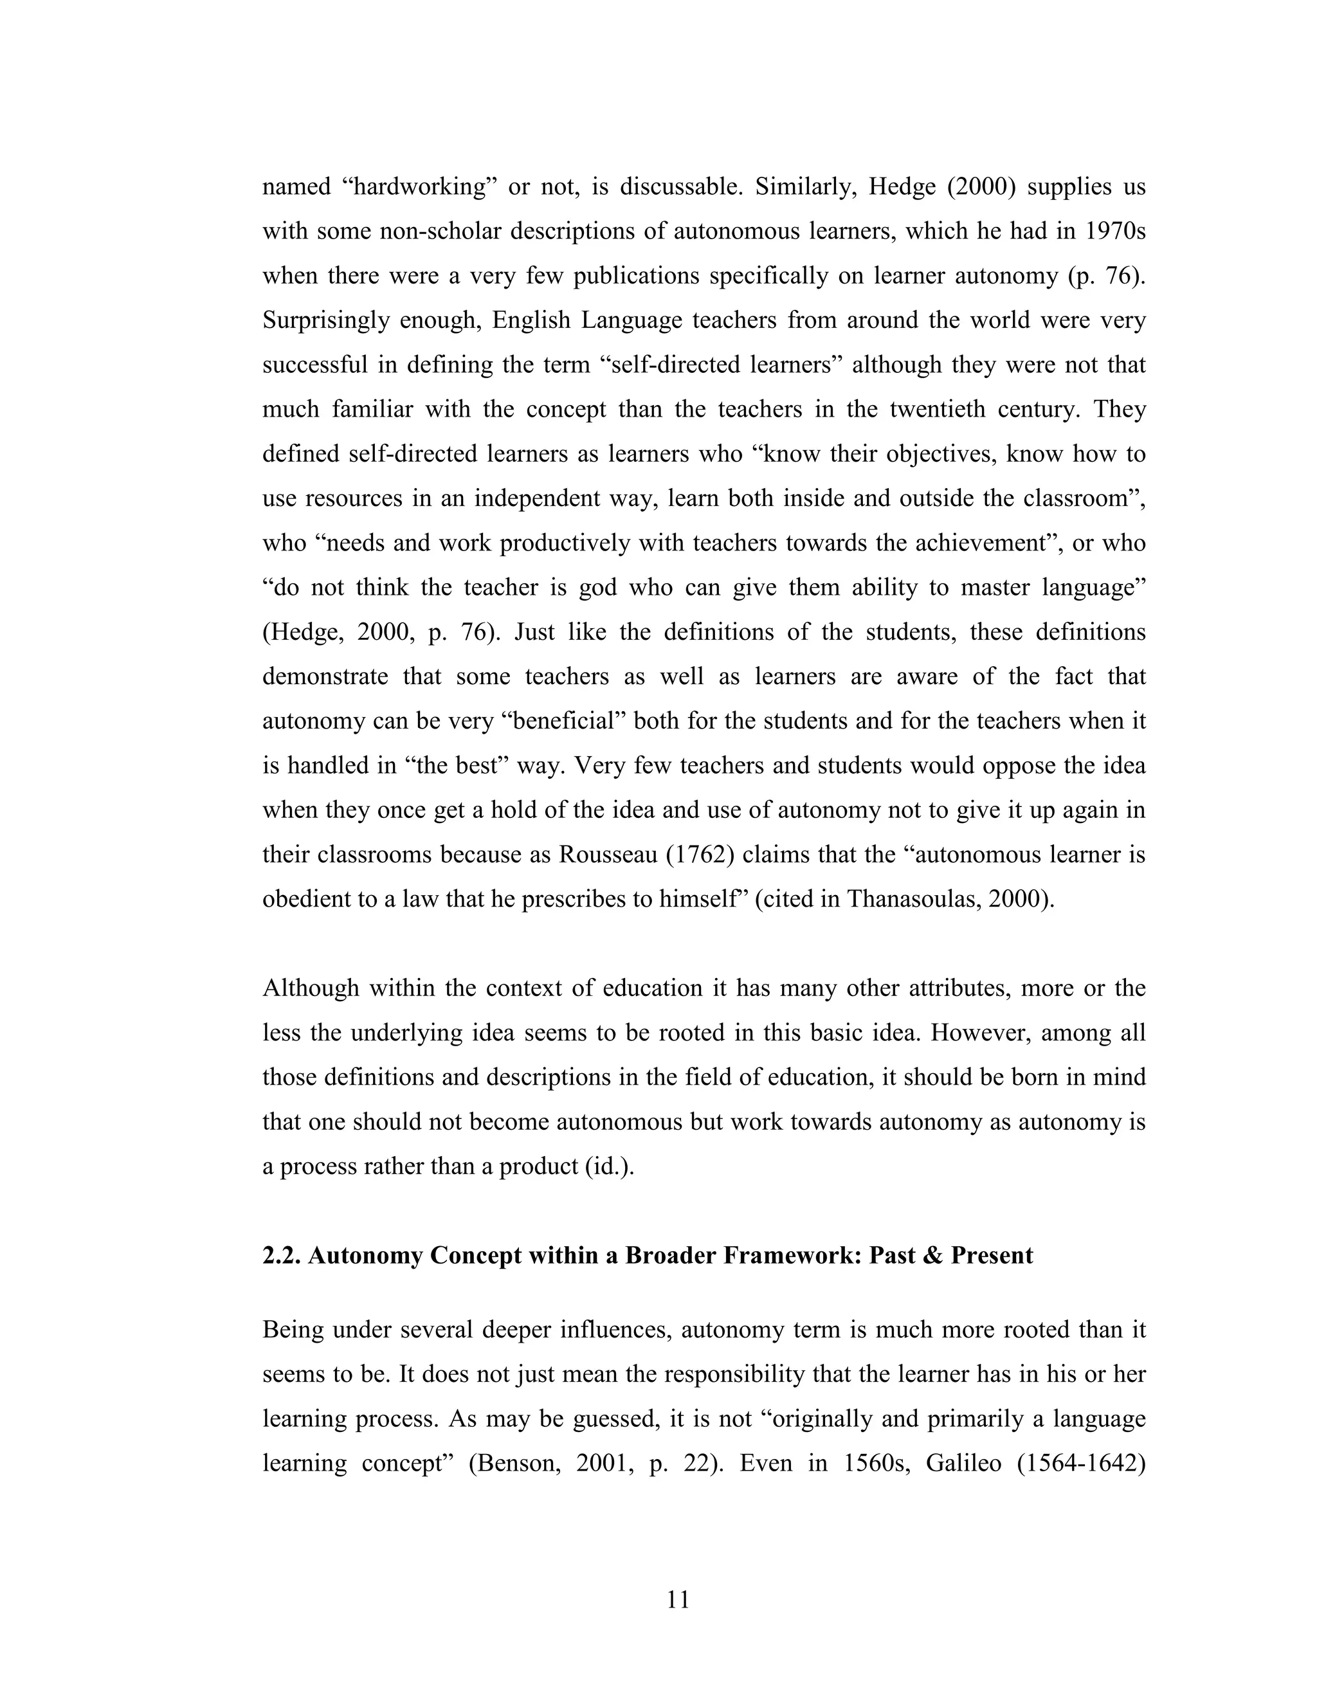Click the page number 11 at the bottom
click(678, 1600)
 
